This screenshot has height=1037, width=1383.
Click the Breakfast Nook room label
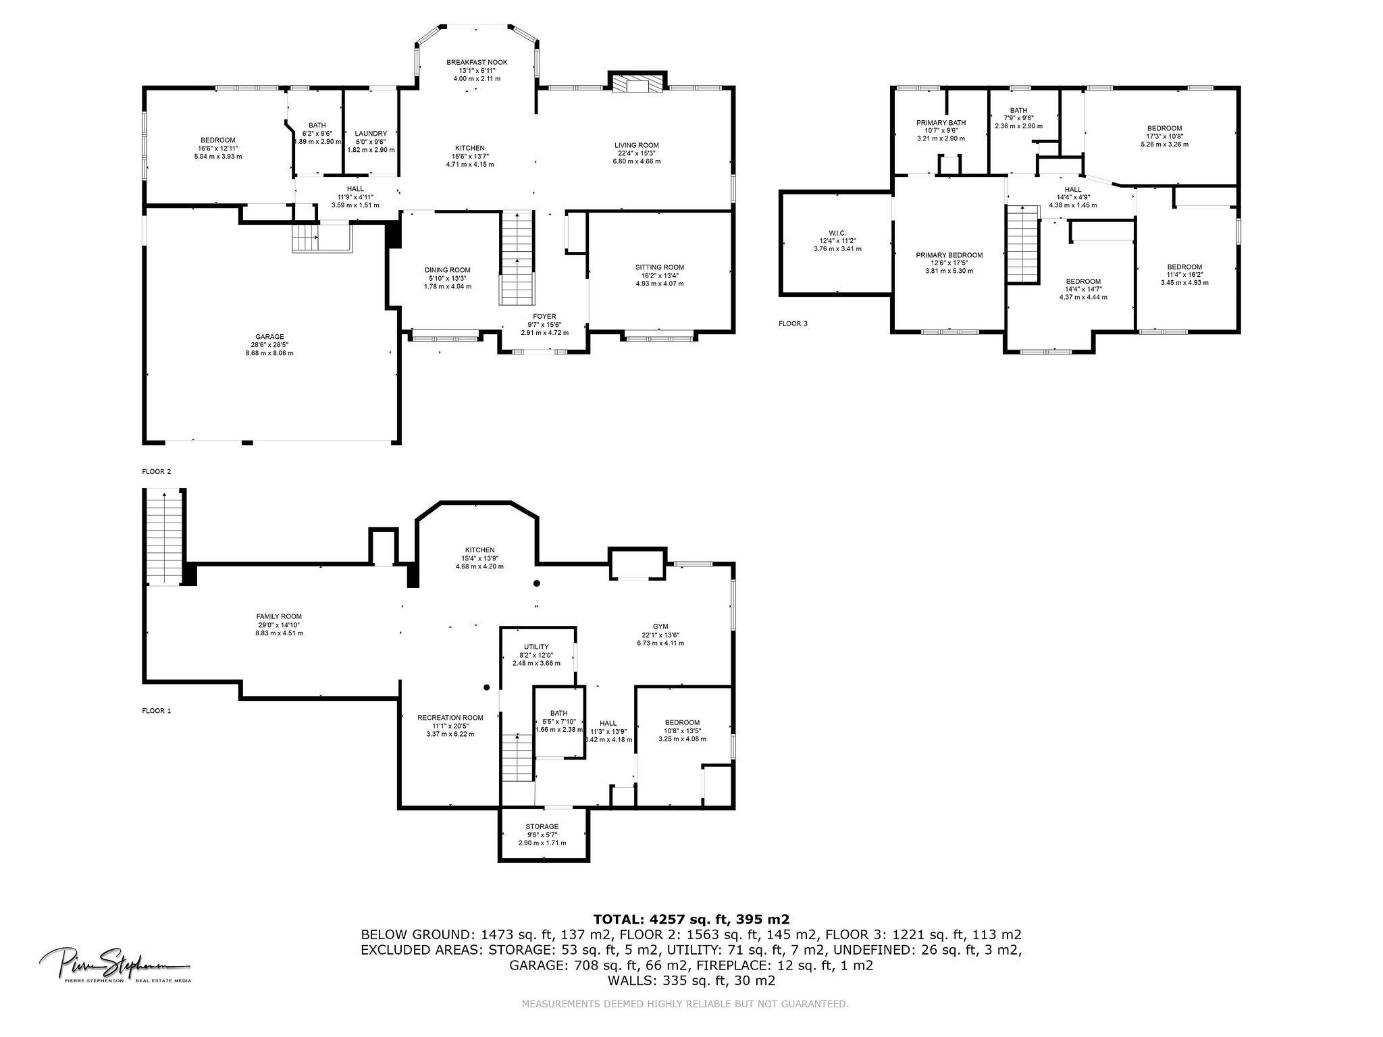tap(477, 62)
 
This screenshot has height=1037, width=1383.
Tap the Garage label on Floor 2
tap(269, 337)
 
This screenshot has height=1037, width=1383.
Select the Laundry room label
tap(371, 134)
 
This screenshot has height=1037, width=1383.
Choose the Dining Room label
tap(447, 270)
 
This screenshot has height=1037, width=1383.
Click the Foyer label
tap(544, 316)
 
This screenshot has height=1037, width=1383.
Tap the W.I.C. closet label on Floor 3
tap(837, 233)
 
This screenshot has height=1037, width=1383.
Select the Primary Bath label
tap(941, 123)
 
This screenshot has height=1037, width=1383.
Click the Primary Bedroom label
tap(949, 255)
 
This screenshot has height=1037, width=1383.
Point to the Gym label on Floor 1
tap(660, 627)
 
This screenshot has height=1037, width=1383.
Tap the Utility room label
tap(536, 647)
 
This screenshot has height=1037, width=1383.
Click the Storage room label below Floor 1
tap(542, 826)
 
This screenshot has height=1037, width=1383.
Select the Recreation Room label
tap(450, 718)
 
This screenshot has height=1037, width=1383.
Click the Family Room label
tap(279, 616)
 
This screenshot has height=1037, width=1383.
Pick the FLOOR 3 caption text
tap(793, 323)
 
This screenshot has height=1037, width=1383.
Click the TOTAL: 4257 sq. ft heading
tap(691, 919)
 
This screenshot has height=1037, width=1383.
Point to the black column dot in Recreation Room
tap(486, 688)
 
